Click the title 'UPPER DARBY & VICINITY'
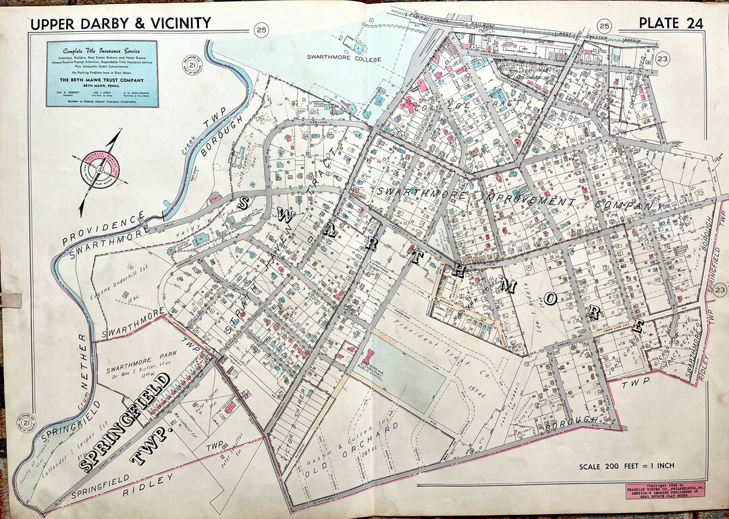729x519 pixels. [120, 24]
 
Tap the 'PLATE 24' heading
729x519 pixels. [670, 23]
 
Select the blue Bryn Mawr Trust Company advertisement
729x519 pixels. [101, 73]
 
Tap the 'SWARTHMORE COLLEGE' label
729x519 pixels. [344, 59]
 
